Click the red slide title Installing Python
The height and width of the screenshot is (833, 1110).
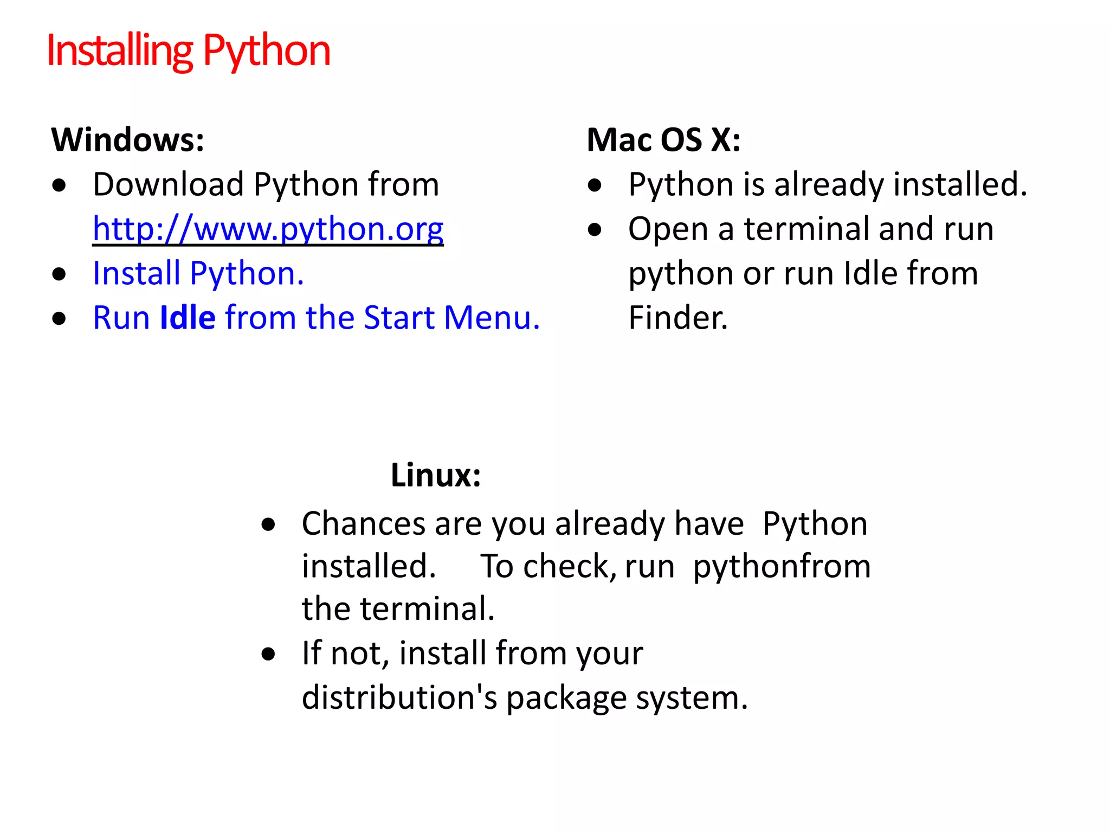coord(188,50)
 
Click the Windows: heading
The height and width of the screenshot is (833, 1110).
coord(128,140)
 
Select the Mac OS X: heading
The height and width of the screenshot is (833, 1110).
coord(663,140)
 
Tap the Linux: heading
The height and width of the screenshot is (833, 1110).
coord(436,476)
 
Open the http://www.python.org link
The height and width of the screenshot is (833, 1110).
coord(268,229)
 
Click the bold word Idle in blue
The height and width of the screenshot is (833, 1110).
coord(188,318)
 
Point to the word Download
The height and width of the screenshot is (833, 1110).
coord(168,184)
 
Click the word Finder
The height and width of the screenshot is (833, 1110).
coord(677,318)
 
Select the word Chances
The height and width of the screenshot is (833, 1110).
coord(363,524)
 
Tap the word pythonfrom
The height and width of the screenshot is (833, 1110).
coord(782,567)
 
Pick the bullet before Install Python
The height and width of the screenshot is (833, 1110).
coord(59,274)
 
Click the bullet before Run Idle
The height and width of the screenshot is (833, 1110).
coord(59,318)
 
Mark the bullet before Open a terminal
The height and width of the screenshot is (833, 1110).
coord(595,230)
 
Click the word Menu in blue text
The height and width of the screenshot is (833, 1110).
coord(492,318)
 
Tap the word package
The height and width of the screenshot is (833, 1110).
coord(566,699)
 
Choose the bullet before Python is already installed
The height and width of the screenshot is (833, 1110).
coord(595,185)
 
